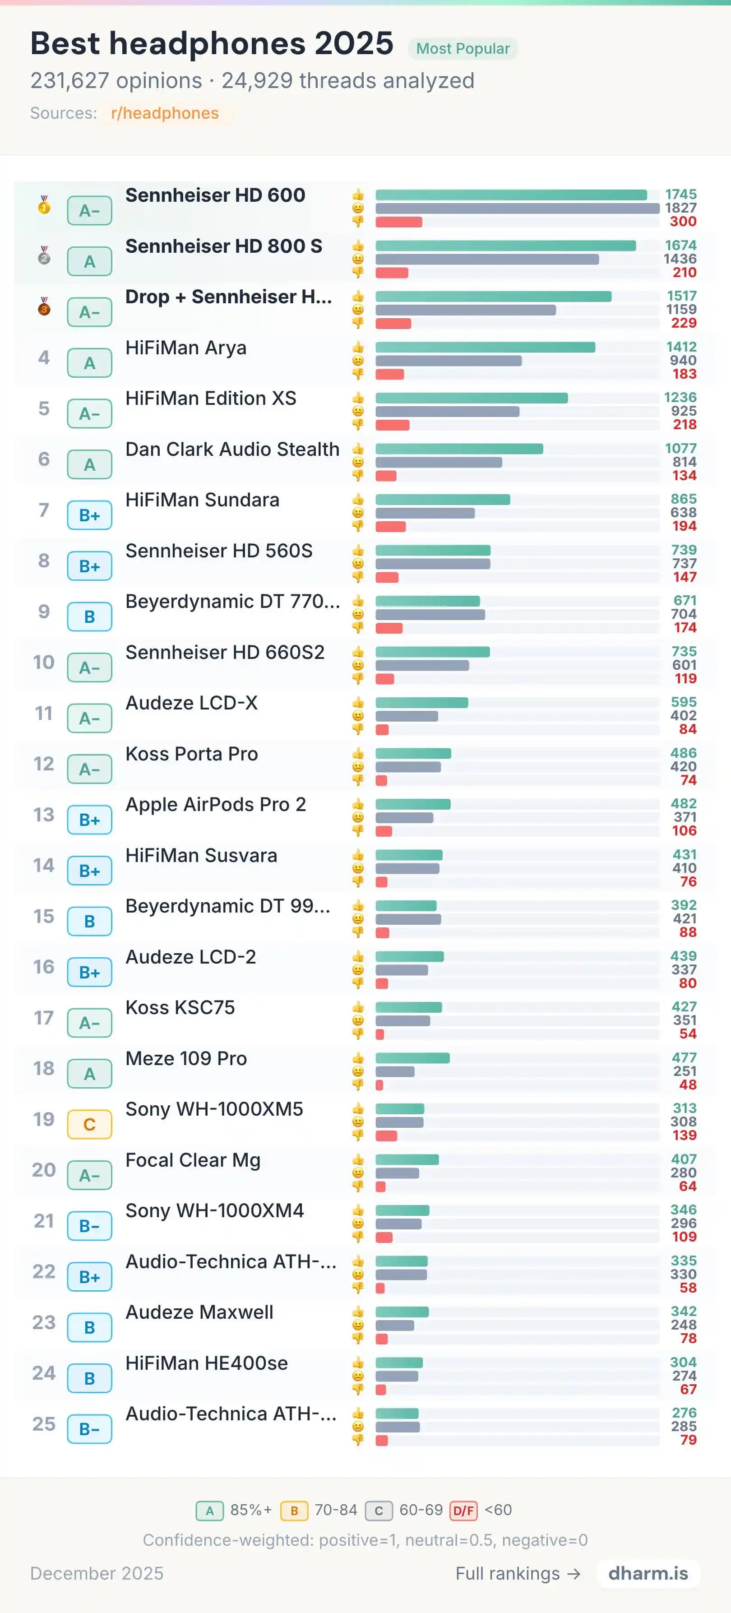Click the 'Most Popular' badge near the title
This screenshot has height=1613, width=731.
pos(463,49)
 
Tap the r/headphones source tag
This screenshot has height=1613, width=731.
pos(165,113)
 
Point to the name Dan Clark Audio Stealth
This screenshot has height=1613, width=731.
pos(232,449)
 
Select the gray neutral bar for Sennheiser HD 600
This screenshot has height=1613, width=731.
pos(517,209)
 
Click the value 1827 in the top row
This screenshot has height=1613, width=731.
pos(680,208)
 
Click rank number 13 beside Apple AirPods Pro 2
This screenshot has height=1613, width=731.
pos(44,815)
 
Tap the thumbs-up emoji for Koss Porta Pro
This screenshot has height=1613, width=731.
pos(358,753)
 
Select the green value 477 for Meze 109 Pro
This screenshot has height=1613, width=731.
pos(684,1057)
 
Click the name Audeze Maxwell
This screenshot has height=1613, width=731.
pos(199,1312)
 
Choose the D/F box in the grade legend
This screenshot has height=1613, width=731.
pos(463,1510)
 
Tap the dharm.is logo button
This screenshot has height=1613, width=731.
pos(648,1574)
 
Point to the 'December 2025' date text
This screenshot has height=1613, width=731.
pos(97,1574)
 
